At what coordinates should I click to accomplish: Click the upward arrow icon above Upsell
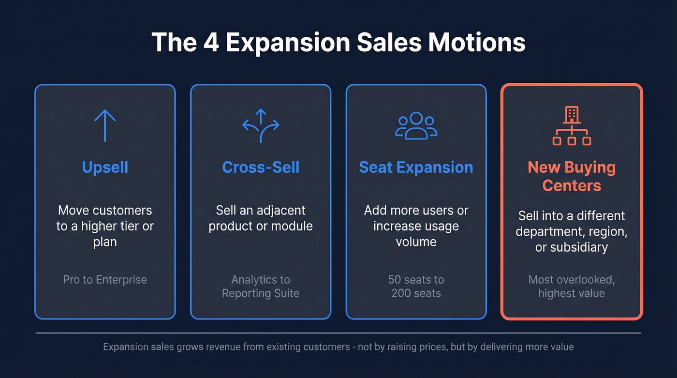pyautogui.click(x=105, y=125)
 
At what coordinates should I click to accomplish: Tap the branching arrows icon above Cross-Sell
pyautogui.click(x=261, y=125)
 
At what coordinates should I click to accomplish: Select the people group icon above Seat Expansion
pyautogui.click(x=416, y=126)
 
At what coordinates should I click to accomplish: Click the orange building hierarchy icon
pyautogui.click(x=572, y=126)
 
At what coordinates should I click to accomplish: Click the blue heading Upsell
pyautogui.click(x=105, y=167)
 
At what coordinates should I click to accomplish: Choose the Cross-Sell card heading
pyautogui.click(x=261, y=167)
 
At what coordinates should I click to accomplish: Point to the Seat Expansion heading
pyautogui.click(x=416, y=167)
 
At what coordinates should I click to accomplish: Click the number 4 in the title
pyautogui.click(x=210, y=43)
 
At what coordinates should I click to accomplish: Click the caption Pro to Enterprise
pyautogui.click(x=105, y=280)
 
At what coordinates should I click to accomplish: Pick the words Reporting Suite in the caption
pyautogui.click(x=261, y=293)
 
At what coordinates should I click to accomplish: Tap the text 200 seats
pyautogui.click(x=416, y=293)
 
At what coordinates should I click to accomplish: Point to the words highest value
pyautogui.click(x=572, y=293)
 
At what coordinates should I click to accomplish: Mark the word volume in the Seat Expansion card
pyautogui.click(x=416, y=242)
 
